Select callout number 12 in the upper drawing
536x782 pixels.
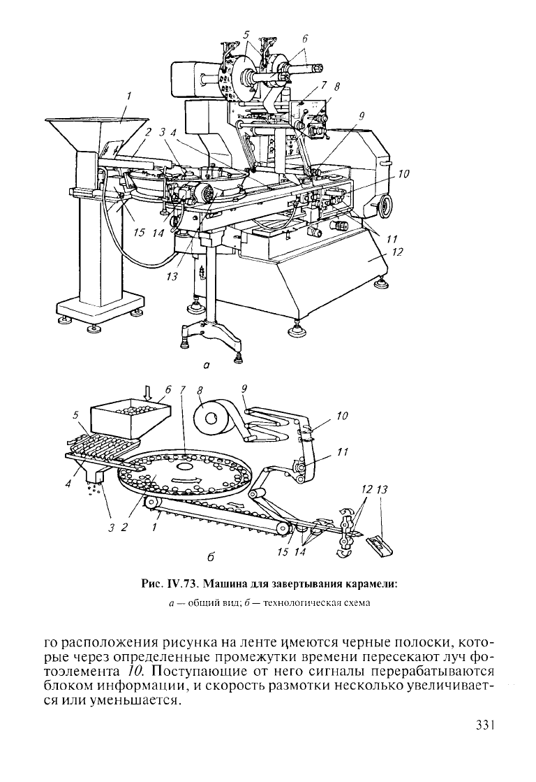pyautogui.click(x=397, y=253)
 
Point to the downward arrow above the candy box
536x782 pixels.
pyautogui.click(x=147, y=393)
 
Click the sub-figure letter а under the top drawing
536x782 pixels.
pyautogui.click(x=205, y=365)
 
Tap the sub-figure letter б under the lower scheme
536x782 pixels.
pyautogui.click(x=210, y=557)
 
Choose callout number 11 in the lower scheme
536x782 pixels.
pyautogui.click(x=342, y=451)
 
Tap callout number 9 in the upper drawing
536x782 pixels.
pyautogui.click(x=361, y=117)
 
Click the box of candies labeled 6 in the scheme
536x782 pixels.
pyautogui.click(x=131, y=419)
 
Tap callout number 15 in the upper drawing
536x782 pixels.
pyautogui.click(x=139, y=233)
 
